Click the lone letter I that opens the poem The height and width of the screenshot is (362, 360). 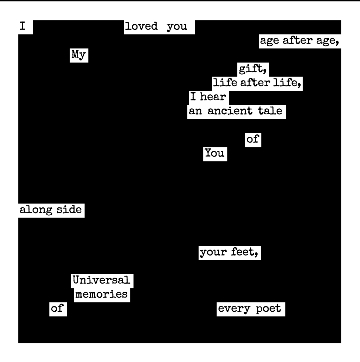pos(22,27)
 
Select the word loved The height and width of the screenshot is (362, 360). pos(141,27)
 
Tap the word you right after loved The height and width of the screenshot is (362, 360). pos(177,27)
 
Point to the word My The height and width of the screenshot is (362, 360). pos(79,55)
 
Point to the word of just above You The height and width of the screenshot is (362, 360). pos(252,139)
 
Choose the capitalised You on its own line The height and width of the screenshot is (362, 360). pos(215,153)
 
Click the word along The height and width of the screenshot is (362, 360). pos(33,210)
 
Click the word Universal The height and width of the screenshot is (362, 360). pos(101,280)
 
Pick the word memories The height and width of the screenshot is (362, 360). pos(101,294)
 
